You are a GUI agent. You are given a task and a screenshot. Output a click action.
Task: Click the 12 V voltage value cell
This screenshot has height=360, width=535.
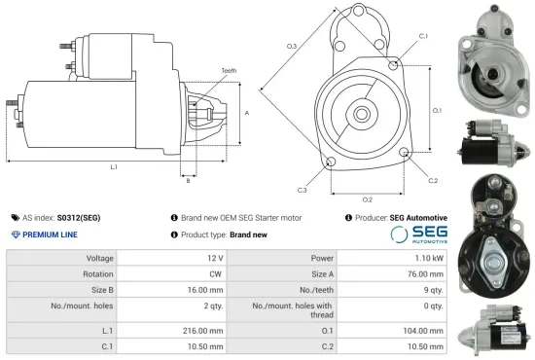[x=215, y=259]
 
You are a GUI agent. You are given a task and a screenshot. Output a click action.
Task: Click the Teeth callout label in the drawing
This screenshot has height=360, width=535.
[x=229, y=71]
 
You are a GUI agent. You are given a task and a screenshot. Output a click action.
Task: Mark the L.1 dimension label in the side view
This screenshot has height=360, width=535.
[x=114, y=167]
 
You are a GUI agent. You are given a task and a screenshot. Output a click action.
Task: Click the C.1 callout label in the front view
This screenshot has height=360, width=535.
[x=423, y=36]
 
